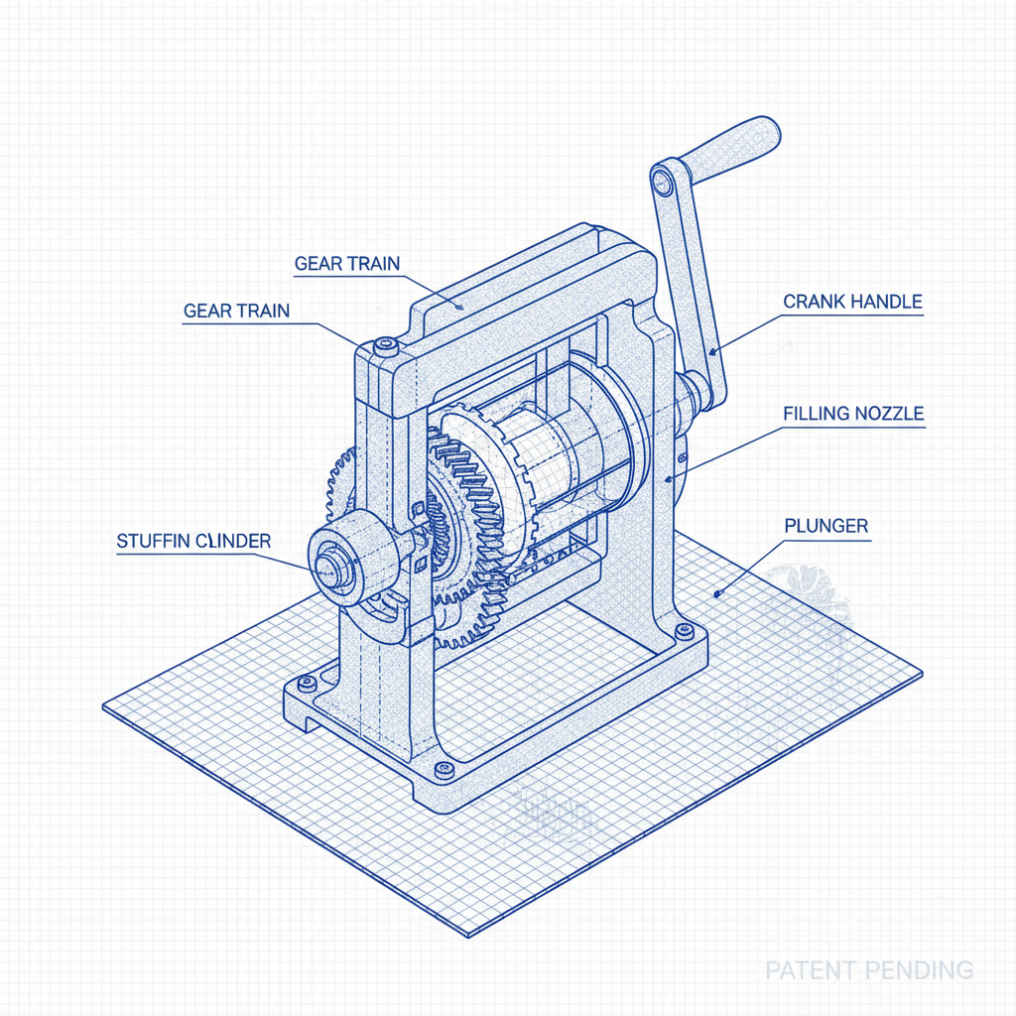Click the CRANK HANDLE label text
coord(852,302)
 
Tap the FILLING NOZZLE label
coord(853,413)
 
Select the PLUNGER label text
coord(825,525)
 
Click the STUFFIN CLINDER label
coord(193,542)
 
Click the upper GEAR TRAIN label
coord(347,264)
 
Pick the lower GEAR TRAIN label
coord(236,311)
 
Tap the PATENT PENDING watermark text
coord(868,969)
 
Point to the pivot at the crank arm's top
coord(664,181)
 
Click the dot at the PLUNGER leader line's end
coord(717,592)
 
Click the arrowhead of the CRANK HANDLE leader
coord(712,350)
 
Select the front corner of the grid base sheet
coord(467,936)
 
